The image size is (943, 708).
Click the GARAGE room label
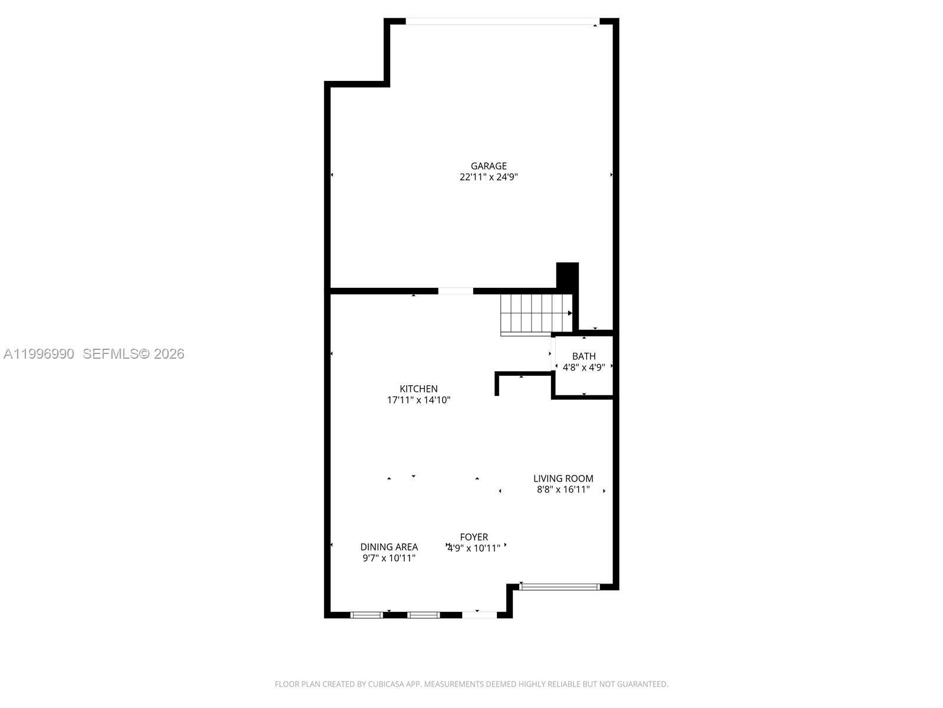[488, 166]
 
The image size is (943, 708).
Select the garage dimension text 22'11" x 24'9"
[488, 177]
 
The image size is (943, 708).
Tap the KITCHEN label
[418, 389]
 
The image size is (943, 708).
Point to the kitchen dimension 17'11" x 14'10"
[418, 400]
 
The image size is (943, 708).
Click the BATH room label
[583, 356]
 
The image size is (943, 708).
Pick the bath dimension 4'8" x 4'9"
[583, 368]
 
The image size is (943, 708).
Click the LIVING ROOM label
[563, 478]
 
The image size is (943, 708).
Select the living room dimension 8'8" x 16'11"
[563, 490]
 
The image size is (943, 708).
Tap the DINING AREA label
[389, 547]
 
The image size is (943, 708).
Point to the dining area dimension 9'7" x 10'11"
[389, 558]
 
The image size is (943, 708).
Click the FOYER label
[474, 537]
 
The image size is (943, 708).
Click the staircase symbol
[535, 313]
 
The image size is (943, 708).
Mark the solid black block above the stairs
[567, 276]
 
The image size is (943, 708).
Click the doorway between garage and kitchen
[455, 291]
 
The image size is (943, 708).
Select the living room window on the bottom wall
[559, 586]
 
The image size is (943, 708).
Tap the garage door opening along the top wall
[501, 22]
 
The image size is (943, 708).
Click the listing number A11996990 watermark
[39, 353]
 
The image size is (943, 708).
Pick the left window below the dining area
[367, 615]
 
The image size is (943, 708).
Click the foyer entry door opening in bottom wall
[479, 615]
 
